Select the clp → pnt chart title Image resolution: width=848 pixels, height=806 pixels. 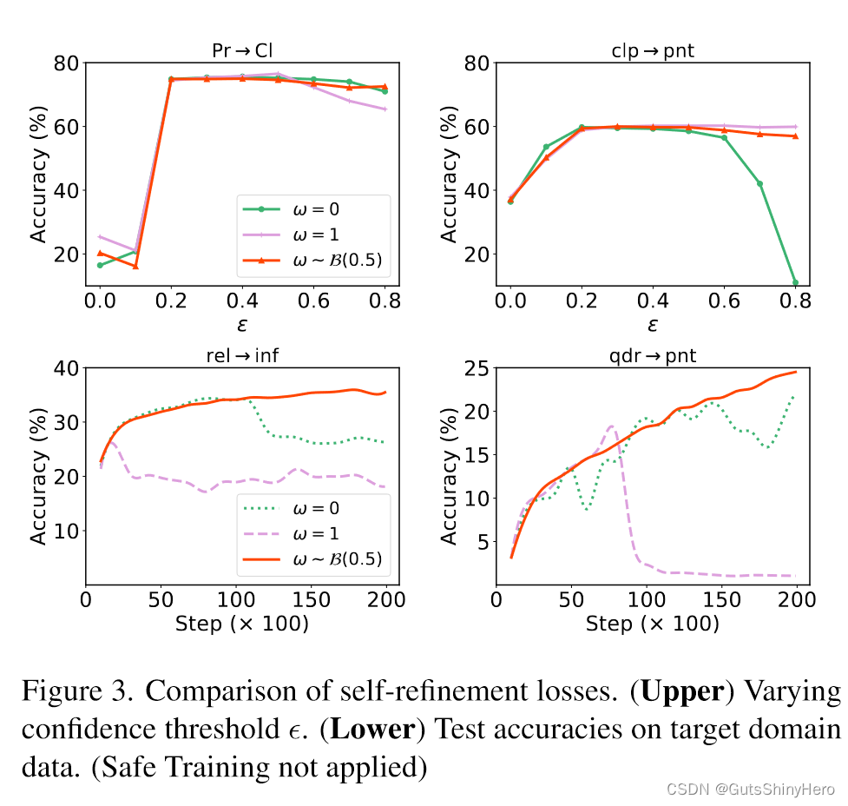click(653, 50)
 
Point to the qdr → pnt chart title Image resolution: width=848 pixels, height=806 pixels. click(653, 356)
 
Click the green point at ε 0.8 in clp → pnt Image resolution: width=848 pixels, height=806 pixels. click(795, 282)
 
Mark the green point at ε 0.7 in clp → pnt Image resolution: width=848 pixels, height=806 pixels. click(759, 183)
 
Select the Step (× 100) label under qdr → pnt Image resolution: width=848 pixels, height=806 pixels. click(653, 624)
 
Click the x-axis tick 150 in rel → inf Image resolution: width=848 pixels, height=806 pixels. click(311, 600)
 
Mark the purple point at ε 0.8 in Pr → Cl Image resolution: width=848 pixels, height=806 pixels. click(385, 109)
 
